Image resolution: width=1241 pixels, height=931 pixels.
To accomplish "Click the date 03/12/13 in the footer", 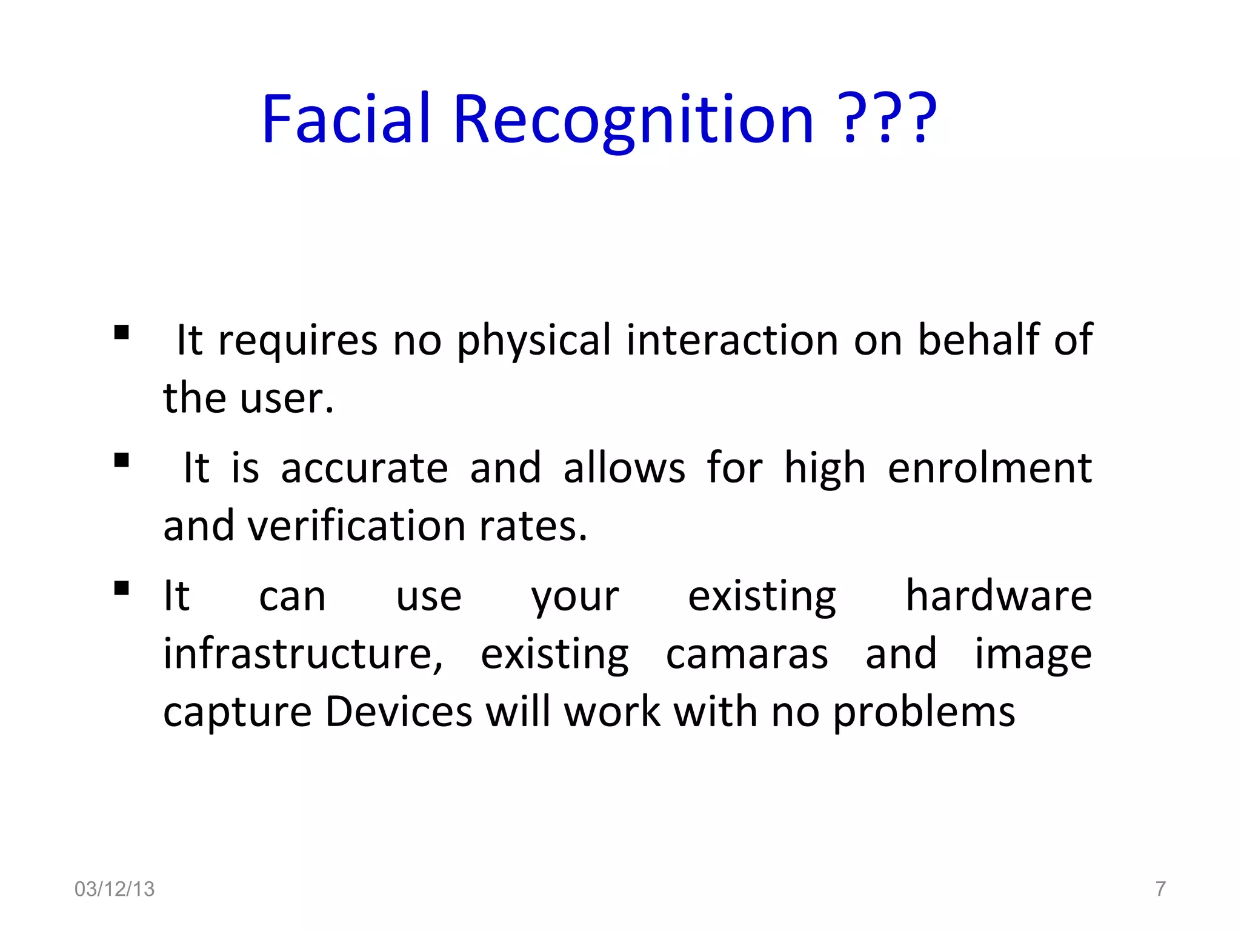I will click(115, 889).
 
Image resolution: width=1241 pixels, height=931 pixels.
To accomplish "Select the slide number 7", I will click(1160, 889).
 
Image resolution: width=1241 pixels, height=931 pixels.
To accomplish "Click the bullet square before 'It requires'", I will click(122, 333).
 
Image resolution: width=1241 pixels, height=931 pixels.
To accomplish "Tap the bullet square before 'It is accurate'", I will click(122, 461).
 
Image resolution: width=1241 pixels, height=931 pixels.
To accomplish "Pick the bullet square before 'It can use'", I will click(122, 589).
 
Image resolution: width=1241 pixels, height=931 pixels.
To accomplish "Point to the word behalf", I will click(979, 339).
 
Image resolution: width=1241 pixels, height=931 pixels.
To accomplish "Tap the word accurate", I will click(364, 468).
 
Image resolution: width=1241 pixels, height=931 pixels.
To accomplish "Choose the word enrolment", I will click(990, 468).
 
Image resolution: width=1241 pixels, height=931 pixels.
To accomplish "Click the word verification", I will click(356, 526).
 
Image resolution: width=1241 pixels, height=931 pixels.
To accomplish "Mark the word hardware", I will click(999, 596).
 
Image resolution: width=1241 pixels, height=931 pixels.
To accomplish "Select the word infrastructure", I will click(303, 654).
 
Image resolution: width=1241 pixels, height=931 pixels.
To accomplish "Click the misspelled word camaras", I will click(747, 655).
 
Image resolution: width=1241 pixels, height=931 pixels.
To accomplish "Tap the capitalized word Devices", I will click(398, 712).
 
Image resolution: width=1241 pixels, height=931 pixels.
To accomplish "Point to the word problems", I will click(923, 713).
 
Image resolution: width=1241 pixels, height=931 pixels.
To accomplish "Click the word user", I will click(286, 399).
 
